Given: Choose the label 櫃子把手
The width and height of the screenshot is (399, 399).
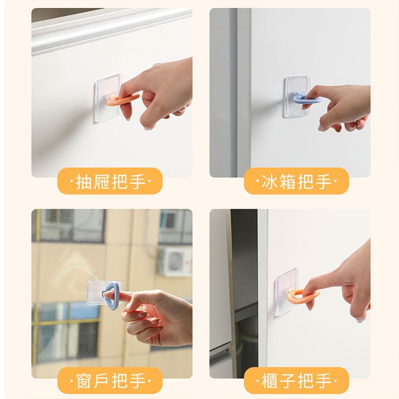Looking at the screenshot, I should (296, 381).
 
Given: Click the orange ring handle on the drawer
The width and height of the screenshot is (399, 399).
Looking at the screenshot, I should (120, 101).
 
